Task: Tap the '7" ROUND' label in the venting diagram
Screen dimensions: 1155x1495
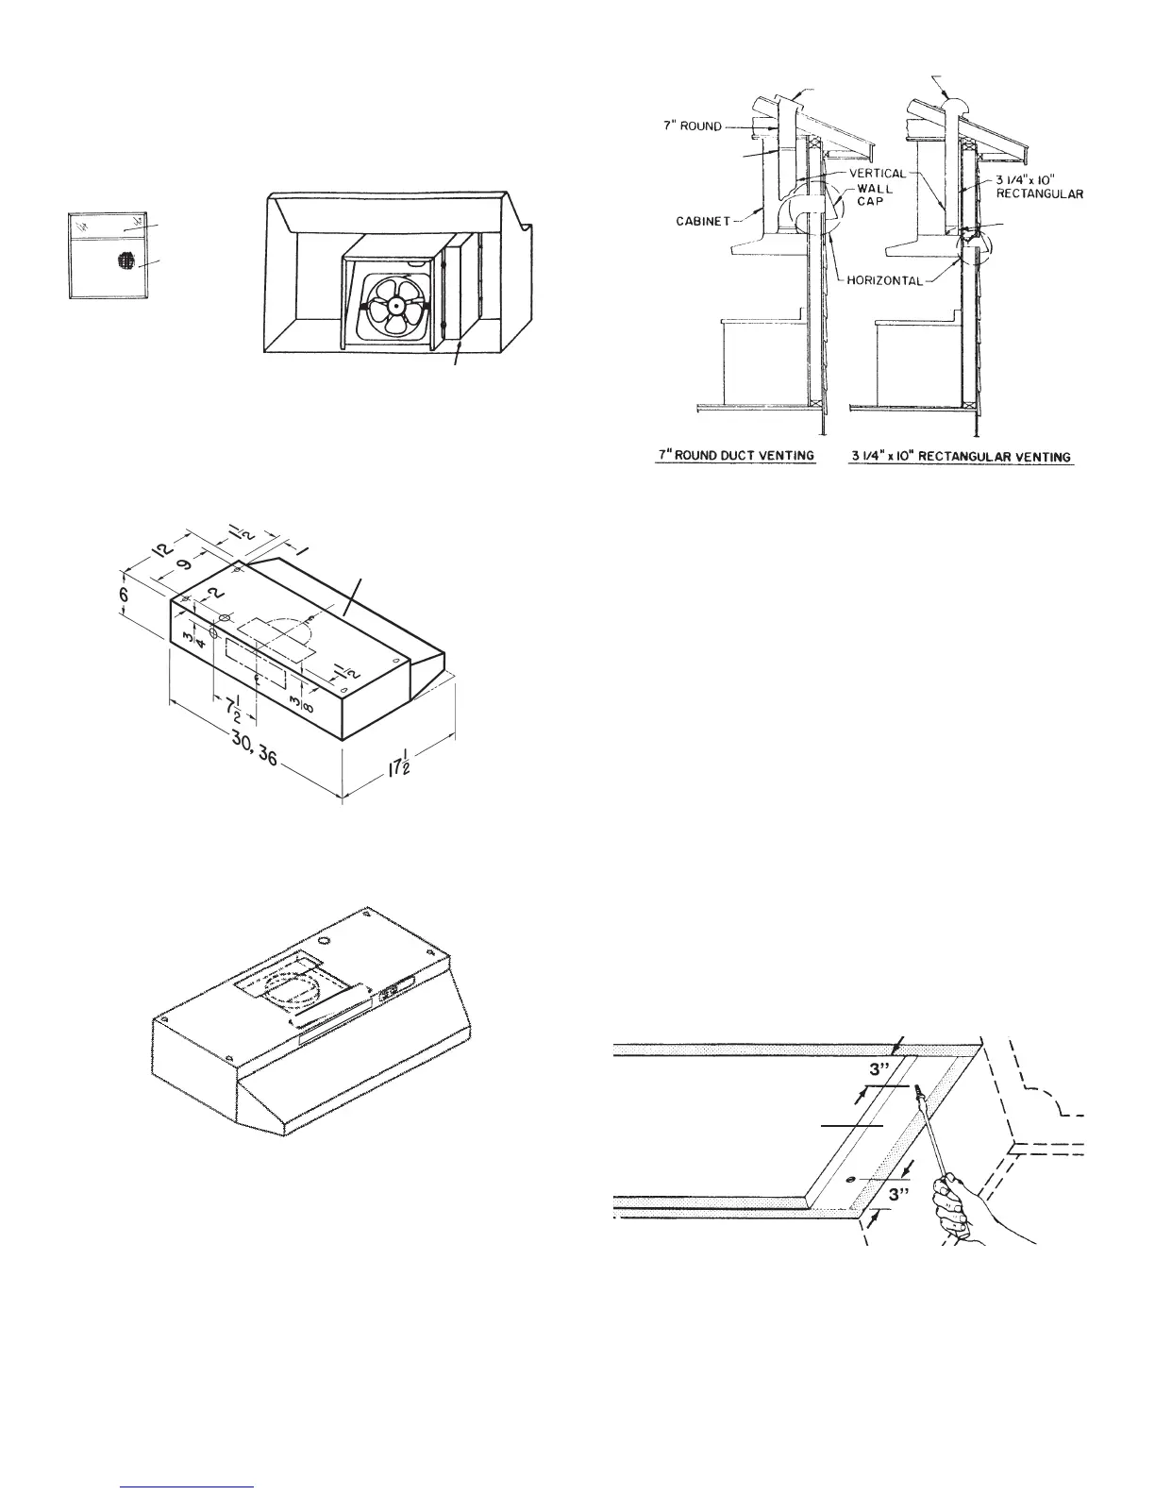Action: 694,126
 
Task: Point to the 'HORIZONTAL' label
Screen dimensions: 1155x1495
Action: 882,280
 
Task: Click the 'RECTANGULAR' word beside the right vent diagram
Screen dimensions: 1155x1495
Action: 1038,194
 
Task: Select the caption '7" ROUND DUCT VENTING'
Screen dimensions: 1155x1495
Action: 736,456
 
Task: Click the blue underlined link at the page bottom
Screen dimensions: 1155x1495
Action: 189,1486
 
